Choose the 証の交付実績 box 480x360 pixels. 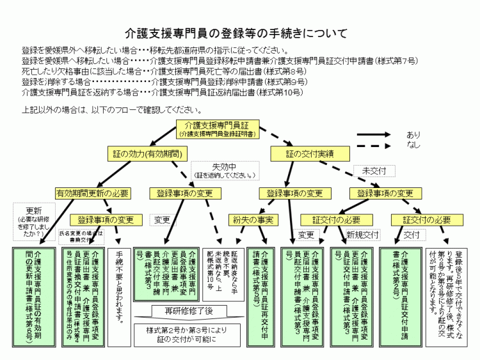pos(310,153)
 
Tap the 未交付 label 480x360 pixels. pos(374,171)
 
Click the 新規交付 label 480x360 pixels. pos(363,235)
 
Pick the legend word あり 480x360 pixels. pos(413,135)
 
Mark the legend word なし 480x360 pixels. pos(413,146)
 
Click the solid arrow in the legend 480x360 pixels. pos(378,136)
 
